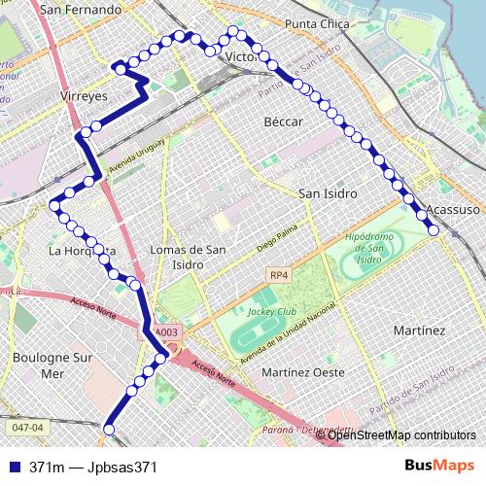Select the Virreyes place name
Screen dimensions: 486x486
[89, 97]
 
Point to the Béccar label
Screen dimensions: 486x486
[284, 121]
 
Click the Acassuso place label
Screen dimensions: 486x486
[453, 209]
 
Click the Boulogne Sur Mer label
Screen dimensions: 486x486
[52, 364]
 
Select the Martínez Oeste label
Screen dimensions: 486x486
[303, 372]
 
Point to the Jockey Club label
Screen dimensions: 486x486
[271, 311]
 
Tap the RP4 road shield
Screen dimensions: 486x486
[279, 276]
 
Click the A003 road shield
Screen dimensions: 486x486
[166, 332]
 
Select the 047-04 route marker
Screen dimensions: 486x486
[28, 427]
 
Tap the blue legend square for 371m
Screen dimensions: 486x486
[15, 467]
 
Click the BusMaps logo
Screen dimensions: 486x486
[441, 466]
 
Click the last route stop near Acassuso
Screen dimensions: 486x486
[434, 229]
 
